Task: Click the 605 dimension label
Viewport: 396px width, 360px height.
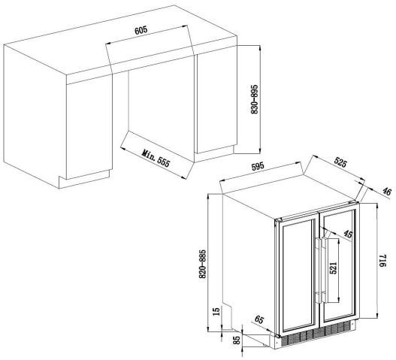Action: pyautogui.click(x=141, y=30)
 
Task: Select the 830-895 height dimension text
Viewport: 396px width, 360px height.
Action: pyautogui.click(x=255, y=99)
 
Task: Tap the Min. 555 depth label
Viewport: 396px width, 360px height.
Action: pyautogui.click(x=156, y=159)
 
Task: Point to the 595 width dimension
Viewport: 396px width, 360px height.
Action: pyautogui.click(x=258, y=167)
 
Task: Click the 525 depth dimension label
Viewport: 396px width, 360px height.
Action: pyautogui.click(x=340, y=162)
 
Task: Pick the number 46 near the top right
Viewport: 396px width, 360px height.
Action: pyautogui.click(x=386, y=192)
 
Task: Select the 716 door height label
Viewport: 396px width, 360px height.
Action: pyautogui.click(x=383, y=260)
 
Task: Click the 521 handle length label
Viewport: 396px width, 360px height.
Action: pyautogui.click(x=334, y=268)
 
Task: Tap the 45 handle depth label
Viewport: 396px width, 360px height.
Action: pyautogui.click(x=348, y=234)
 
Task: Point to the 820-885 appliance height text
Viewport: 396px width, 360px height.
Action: pyautogui.click(x=203, y=264)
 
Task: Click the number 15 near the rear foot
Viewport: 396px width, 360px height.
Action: pyautogui.click(x=216, y=311)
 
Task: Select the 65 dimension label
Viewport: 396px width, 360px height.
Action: pyautogui.click(x=258, y=320)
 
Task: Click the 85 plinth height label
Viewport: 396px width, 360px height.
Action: pyautogui.click(x=237, y=340)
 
